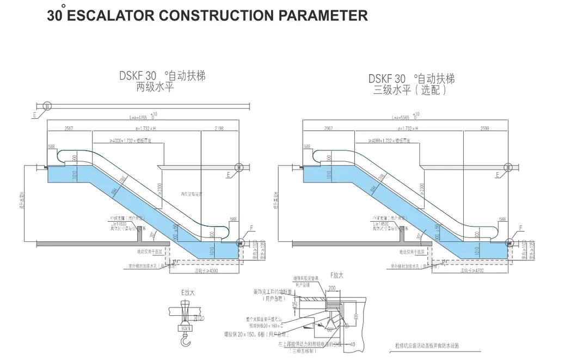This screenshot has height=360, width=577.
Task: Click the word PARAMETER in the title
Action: [x=323, y=15]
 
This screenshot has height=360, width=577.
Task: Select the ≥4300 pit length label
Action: [x=206, y=271]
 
